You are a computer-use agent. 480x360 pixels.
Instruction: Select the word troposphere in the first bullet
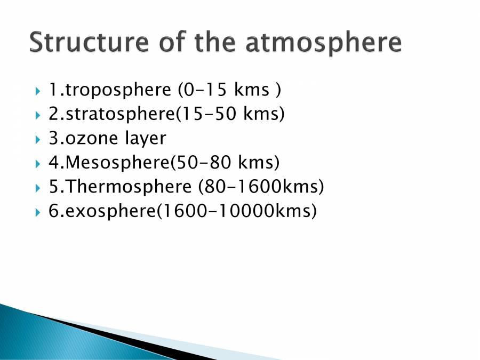click(x=115, y=90)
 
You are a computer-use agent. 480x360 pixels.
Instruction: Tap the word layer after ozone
click(x=146, y=140)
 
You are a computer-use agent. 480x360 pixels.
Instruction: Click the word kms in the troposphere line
click(x=251, y=90)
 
